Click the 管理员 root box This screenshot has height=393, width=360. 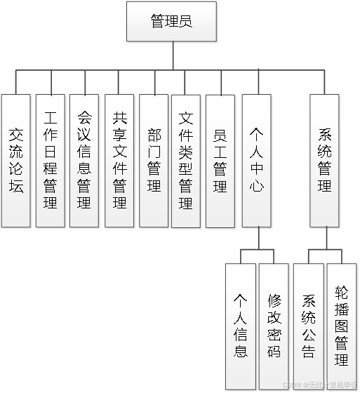pos(171,22)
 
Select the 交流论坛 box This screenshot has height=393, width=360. pos(16,161)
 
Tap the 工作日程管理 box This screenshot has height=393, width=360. pos(50,161)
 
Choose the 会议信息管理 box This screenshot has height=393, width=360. pos(84,161)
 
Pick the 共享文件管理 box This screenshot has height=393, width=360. pos(119,161)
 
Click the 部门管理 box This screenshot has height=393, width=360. pos(154,161)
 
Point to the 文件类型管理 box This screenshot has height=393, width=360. pos(186,161)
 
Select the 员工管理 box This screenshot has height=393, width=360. pos(220,161)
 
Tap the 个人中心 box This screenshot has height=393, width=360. pos(256,161)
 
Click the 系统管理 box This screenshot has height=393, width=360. pos(324,161)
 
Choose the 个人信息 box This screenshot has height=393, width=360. pos(240,326)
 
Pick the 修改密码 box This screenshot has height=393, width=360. pos(274,326)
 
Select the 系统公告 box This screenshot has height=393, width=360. pos(308,326)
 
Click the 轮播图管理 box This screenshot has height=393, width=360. pos(342,326)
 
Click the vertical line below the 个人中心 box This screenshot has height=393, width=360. pos(257,239)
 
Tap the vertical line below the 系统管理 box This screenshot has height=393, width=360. pos(324,239)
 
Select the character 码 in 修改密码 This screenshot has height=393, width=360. pos(274,351)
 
